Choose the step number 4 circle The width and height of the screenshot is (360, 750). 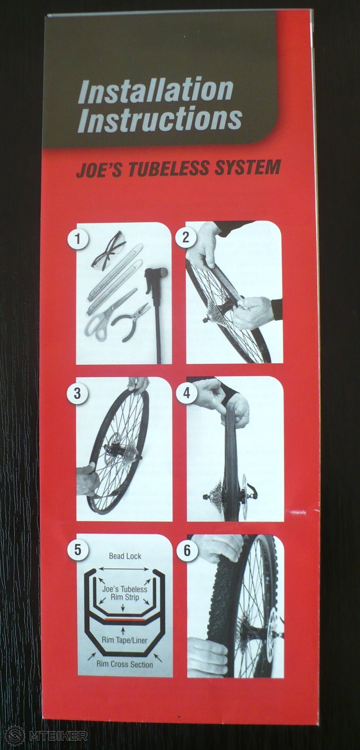pos(187,393)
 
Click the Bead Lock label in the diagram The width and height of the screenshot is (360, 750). pos(125,556)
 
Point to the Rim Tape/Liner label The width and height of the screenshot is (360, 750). pos(125,641)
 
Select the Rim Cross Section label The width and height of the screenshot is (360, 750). pos(125,664)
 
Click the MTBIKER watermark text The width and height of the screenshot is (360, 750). pos(58,736)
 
